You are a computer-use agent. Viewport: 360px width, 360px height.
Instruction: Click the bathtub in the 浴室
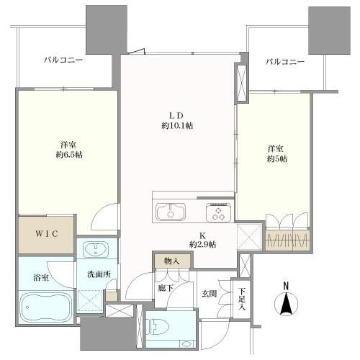(x=47, y=307)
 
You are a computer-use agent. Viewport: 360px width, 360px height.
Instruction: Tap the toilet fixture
(x=158, y=327)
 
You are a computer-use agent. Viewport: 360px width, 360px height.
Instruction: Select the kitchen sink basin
(x=171, y=211)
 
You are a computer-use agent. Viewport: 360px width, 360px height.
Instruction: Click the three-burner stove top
(x=218, y=212)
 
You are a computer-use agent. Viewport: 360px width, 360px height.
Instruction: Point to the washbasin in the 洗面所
(x=96, y=249)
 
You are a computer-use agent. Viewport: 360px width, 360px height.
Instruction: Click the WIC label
(x=47, y=233)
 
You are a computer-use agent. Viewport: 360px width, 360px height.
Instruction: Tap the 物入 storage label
(x=172, y=261)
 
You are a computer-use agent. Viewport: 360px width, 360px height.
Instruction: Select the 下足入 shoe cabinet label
(x=242, y=299)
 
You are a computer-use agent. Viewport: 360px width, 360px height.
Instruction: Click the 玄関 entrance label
(x=210, y=294)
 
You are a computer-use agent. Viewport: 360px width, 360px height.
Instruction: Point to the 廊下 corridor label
(x=166, y=288)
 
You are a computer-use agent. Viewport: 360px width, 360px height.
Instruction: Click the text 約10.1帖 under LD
(x=177, y=125)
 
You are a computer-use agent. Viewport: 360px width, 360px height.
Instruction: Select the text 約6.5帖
(x=69, y=155)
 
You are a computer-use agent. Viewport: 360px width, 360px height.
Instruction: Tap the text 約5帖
(x=277, y=158)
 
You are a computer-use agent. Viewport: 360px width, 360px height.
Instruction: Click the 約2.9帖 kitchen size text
(x=202, y=244)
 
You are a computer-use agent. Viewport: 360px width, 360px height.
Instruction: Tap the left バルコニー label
(x=63, y=60)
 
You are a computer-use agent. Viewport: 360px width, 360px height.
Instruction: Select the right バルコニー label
(x=285, y=62)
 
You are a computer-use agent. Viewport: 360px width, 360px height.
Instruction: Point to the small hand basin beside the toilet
(x=187, y=343)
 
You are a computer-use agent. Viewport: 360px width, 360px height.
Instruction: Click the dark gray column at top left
(x=107, y=30)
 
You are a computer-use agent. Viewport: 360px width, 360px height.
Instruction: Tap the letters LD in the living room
(x=176, y=115)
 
